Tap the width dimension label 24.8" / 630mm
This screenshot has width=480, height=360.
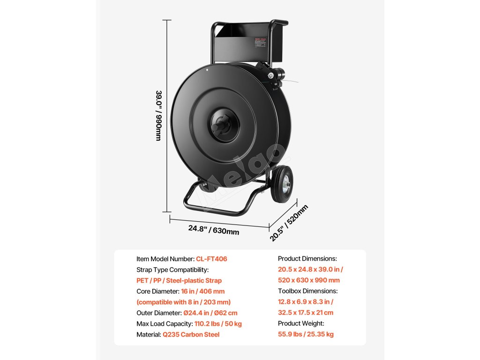coord(214,230)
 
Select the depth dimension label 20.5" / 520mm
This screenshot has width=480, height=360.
coord(289,223)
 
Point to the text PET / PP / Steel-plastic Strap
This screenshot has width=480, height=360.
coord(179,280)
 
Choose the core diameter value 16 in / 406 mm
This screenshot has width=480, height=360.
coord(197,291)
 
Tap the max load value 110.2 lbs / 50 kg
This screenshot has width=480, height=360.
coord(217,323)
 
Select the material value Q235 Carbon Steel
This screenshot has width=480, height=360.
coord(191,334)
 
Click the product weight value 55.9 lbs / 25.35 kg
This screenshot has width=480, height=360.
coord(306,334)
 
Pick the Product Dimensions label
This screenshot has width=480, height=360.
coord(307,259)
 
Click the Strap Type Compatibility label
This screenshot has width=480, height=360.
coord(172,270)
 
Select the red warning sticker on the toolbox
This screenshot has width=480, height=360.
coord(260,42)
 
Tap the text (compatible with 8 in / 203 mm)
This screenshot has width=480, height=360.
coord(183,302)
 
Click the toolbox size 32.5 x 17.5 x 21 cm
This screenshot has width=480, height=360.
coord(306,313)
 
